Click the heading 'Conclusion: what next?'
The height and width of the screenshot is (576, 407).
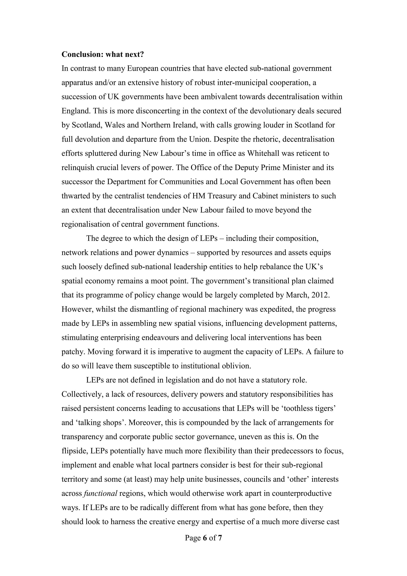103,54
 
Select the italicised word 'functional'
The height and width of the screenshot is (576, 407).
101,493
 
